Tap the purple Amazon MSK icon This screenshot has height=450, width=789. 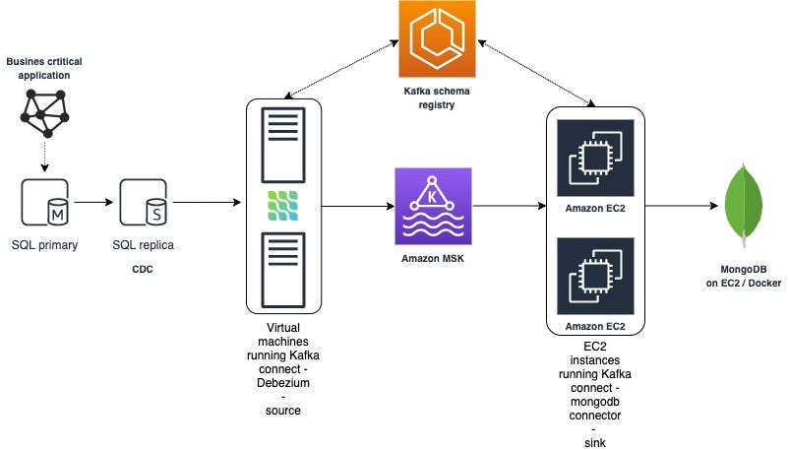tap(433, 206)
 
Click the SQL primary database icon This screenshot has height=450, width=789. tap(44, 203)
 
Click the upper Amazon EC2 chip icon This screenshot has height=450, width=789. tap(595, 158)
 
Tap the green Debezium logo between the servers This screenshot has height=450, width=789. tap(282, 205)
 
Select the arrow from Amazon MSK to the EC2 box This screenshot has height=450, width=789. tap(509, 207)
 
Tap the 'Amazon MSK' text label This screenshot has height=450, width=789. tap(432, 259)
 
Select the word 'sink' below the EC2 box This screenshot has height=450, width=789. tap(595, 443)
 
